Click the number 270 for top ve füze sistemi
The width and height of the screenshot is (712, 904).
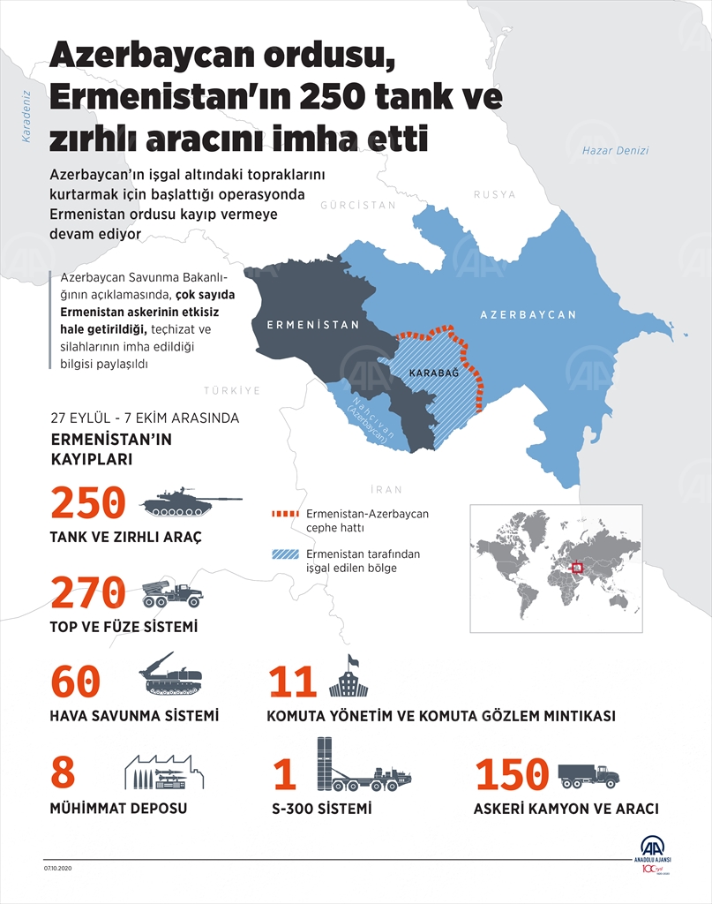click(88, 592)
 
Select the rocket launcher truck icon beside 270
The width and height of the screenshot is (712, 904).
click(173, 593)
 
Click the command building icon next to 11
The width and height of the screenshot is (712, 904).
click(346, 678)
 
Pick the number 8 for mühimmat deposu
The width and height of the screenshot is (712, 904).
click(64, 772)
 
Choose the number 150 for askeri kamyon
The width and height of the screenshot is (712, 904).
click(512, 774)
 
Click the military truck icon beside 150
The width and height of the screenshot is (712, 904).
click(588, 775)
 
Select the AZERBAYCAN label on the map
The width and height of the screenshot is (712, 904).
click(528, 314)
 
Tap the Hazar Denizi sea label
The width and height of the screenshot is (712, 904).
click(615, 151)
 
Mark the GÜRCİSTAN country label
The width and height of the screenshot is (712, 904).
click(358, 205)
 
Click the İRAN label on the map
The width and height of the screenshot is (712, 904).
click(386, 489)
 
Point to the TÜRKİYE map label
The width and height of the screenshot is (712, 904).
click(232, 389)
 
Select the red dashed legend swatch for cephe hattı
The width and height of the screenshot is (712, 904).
click(286, 513)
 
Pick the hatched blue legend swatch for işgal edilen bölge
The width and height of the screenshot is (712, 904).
click(286, 555)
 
